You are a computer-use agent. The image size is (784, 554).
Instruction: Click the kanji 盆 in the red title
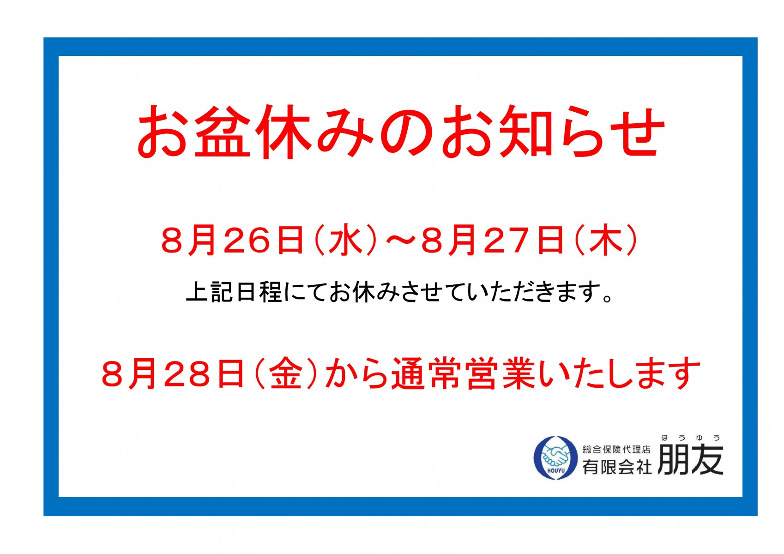[222, 131]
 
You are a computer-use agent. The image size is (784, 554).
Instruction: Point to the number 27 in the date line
[507, 241]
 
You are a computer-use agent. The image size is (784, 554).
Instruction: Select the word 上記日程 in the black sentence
[234, 291]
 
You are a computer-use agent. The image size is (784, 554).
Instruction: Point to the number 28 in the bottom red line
[186, 373]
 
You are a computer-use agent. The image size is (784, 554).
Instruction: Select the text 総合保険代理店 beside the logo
[616, 449]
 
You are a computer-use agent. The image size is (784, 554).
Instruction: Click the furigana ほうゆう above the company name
[691, 438]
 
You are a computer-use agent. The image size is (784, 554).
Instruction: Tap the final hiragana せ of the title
[634, 131]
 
